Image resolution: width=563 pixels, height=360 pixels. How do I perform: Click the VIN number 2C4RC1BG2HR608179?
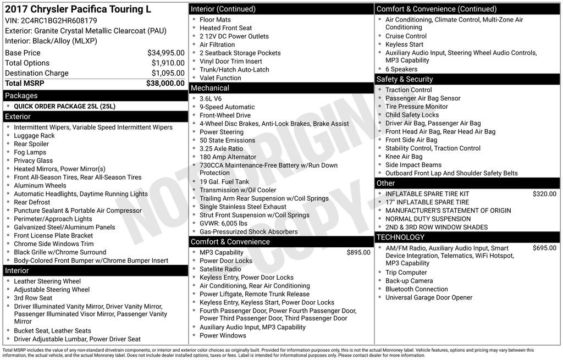(59, 20)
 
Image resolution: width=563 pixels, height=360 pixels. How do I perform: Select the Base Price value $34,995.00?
(165, 53)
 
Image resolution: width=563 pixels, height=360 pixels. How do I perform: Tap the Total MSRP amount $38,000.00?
(165, 83)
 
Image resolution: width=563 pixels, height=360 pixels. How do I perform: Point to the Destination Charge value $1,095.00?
(168, 73)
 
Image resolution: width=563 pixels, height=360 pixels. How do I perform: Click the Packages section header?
(21, 96)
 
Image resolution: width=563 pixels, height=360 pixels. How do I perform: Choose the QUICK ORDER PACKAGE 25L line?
(64, 106)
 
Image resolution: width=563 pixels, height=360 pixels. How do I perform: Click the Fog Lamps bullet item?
(30, 152)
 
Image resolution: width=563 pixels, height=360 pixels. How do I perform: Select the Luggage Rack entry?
(34, 136)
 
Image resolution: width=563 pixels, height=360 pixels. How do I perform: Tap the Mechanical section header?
(209, 88)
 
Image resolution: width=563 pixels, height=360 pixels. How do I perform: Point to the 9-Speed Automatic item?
(227, 107)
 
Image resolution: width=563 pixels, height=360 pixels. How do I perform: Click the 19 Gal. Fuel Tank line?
(224, 182)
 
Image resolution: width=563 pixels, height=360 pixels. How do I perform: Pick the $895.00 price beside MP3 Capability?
(358, 252)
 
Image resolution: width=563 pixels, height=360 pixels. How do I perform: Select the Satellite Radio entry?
(220, 269)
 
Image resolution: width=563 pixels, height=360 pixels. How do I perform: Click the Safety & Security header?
(405, 79)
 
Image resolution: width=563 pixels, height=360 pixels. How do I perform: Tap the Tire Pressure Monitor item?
(416, 107)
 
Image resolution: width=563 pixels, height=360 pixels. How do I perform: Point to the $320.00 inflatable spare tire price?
(544, 193)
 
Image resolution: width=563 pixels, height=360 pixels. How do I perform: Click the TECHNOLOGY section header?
(400, 237)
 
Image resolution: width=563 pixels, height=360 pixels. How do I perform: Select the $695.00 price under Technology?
(544, 248)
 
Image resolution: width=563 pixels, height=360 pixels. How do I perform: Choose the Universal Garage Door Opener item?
(429, 297)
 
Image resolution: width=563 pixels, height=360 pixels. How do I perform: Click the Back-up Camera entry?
(409, 281)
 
